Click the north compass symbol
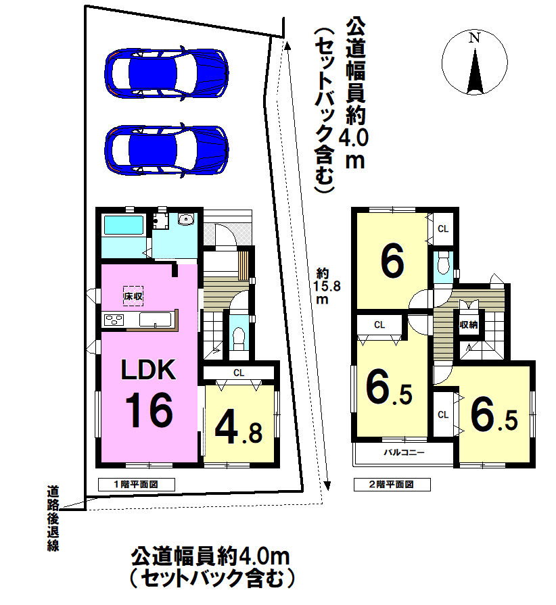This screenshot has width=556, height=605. click(x=475, y=62)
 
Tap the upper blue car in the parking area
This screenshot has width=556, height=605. click(x=166, y=73)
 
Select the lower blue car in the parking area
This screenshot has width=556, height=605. click(x=166, y=149)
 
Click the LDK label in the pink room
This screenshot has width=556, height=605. click(x=149, y=369)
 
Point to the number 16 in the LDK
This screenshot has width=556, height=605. click(x=149, y=410)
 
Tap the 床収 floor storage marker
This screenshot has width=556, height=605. click(x=133, y=296)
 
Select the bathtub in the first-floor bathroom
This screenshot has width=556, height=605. click(x=124, y=225)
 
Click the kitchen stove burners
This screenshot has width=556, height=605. click(x=115, y=320)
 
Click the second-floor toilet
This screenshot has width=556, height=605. click(x=444, y=262)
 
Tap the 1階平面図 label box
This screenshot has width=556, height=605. click(x=137, y=484)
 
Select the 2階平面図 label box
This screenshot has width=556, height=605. click(x=392, y=484)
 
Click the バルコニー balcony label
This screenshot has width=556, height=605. click(x=404, y=452)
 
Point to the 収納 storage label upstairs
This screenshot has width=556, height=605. click(x=469, y=325)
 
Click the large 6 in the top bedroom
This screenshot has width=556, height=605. click(x=392, y=262)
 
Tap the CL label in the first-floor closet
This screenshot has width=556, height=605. click(x=239, y=372)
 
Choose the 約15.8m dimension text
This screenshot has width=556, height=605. click(x=326, y=286)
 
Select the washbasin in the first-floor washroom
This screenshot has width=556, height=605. click(x=186, y=219)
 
